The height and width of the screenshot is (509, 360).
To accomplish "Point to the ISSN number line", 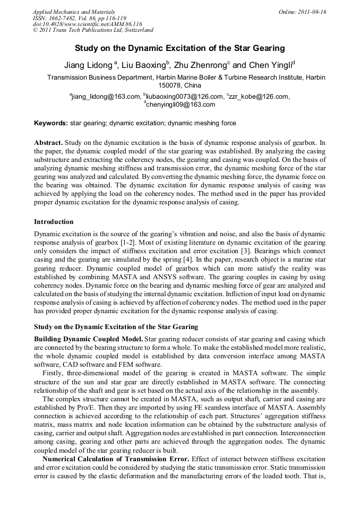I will point(71,18).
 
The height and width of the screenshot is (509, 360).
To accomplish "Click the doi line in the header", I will point(88,24).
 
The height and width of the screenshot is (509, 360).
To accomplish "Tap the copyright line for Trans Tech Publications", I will point(93,30).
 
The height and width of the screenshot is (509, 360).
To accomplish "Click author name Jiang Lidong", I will point(88,66).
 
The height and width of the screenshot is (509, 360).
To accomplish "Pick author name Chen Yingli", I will point(270,66).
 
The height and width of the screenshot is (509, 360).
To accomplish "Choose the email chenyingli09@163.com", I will point(181,105).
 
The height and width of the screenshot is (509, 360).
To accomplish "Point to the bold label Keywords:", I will point(51,123).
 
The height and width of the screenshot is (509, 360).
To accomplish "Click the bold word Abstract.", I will point(48,143).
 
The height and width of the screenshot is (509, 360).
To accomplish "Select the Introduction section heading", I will point(54,221).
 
